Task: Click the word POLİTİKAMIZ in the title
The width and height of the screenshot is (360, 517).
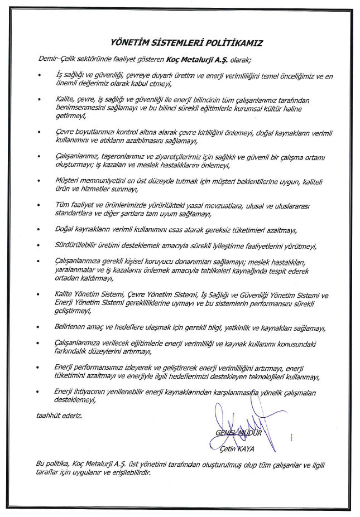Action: [232, 42]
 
